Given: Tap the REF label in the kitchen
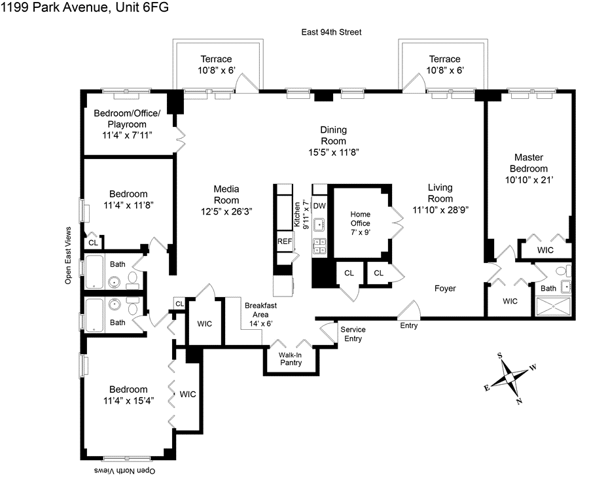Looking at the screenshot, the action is tap(285, 241).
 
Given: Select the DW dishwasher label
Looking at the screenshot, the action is tap(319, 205).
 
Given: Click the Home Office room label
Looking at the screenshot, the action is tap(361, 219).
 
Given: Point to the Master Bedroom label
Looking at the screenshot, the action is tap(530, 163).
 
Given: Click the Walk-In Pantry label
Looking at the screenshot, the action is tap(290, 359).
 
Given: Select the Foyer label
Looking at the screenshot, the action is tap(444, 289).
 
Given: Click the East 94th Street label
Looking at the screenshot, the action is tap(331, 32).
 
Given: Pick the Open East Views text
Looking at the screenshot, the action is tap(67, 255).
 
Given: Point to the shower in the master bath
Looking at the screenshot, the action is tap(555, 306).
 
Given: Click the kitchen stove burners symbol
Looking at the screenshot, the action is tap(320, 245).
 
